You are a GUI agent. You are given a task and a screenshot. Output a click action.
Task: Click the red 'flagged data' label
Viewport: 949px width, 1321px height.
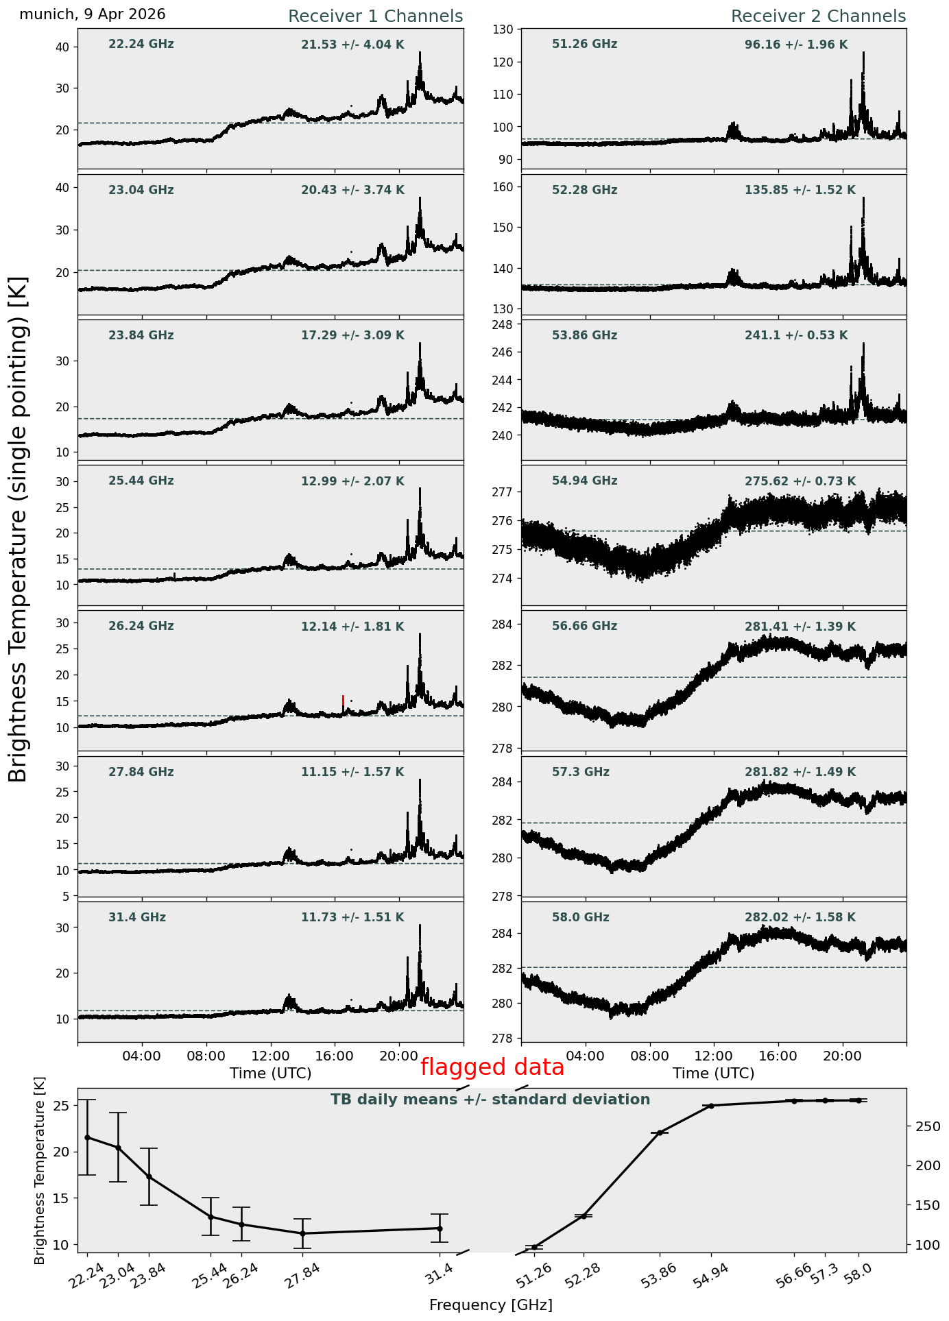492,1067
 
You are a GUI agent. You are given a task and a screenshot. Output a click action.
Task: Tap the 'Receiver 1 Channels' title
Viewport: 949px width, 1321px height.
375,16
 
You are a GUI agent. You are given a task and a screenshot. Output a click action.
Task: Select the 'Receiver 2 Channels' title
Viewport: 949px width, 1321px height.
819,16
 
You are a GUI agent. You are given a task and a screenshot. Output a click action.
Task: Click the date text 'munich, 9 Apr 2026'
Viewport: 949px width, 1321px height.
93,14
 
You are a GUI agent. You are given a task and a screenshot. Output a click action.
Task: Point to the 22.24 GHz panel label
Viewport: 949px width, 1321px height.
141,45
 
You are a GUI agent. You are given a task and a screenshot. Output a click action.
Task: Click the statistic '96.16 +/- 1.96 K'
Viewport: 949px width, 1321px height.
796,45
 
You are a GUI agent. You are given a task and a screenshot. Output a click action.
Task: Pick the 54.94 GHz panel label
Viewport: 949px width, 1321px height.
584,481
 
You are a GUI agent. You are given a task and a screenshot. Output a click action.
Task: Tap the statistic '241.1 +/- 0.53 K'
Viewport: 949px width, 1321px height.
796,336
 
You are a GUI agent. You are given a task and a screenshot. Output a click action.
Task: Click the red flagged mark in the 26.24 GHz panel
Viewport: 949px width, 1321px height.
343,701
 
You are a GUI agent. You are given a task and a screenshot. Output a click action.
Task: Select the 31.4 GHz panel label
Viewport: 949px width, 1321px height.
137,917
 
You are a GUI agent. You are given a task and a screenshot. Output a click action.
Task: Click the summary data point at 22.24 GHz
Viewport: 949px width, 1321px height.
87,1137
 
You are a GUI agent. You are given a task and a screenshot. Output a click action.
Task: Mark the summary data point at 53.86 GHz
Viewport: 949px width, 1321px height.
660,1132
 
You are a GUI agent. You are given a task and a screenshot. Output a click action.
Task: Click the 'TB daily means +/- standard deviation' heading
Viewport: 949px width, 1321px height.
490,1100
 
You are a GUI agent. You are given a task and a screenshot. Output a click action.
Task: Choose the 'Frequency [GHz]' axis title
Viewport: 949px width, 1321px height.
491,1305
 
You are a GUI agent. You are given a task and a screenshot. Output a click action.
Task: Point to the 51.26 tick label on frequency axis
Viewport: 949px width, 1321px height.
534,1276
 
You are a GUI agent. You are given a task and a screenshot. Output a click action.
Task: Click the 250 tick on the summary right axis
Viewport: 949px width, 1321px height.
923,1126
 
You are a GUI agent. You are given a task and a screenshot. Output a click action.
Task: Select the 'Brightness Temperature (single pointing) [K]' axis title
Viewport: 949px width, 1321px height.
18,529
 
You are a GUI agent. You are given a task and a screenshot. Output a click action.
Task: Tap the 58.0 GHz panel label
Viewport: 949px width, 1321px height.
581,917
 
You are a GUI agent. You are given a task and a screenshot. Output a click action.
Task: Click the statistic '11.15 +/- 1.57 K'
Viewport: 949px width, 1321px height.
352,772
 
